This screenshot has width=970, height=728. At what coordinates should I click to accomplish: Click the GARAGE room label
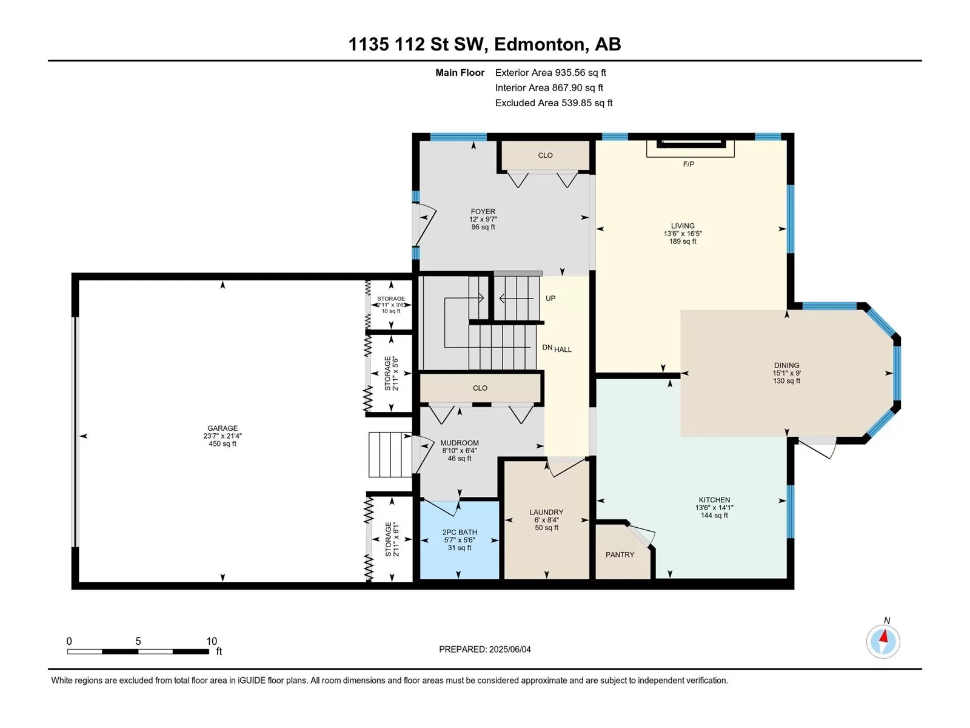point(222,428)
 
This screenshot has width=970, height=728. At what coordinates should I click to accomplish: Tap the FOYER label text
point(483,211)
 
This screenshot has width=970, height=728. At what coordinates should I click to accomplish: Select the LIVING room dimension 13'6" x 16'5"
point(683,234)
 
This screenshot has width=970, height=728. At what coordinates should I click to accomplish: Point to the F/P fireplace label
point(689,164)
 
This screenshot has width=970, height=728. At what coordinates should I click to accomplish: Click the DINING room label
point(786,365)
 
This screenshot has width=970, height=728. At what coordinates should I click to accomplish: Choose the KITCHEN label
point(714,500)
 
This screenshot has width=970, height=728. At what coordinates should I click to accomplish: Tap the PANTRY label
point(620,554)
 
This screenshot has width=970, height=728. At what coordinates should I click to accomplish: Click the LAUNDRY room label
point(547,512)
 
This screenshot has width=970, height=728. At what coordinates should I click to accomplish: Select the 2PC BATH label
point(460,532)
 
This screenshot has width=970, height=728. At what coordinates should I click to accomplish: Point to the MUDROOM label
point(460,442)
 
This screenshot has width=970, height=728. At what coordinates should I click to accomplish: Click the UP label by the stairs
point(550,298)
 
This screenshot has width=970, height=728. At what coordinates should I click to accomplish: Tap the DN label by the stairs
point(547,347)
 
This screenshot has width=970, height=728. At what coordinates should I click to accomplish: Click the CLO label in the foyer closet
point(545,155)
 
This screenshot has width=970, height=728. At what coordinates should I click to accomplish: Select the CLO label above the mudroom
point(480,388)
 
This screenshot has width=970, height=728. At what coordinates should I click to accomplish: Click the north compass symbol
point(883,641)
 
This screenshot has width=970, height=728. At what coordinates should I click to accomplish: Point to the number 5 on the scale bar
point(138,641)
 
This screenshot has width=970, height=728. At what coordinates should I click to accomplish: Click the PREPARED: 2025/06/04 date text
point(485,649)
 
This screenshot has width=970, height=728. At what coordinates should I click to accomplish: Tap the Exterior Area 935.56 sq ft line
point(550,72)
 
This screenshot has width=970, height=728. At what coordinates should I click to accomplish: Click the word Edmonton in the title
point(541,44)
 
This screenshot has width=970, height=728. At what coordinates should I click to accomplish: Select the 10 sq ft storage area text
point(391,311)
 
